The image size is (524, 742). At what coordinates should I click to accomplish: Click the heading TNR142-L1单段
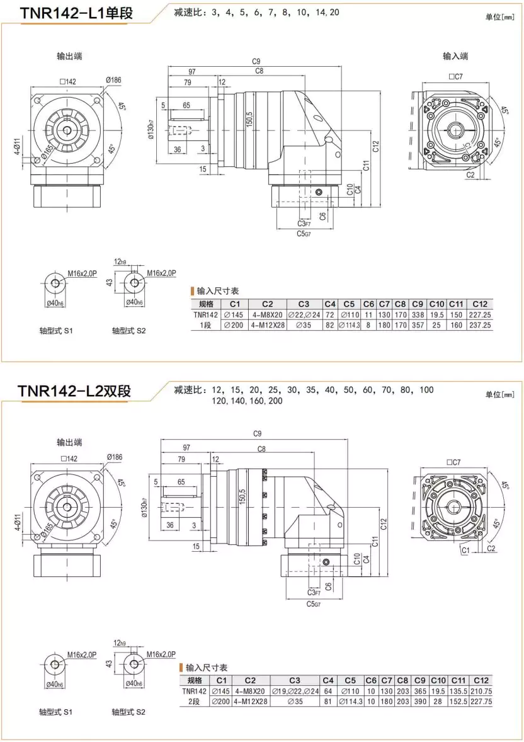click(76, 13)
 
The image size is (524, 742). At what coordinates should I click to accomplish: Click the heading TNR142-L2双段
click(75, 391)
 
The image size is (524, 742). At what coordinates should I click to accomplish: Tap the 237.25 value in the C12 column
click(479, 325)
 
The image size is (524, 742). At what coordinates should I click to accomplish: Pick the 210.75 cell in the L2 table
click(481, 691)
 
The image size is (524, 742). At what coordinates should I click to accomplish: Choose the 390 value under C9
click(419, 701)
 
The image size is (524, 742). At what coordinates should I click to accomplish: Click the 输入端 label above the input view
click(455, 57)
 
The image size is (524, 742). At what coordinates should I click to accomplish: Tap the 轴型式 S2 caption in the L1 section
click(129, 330)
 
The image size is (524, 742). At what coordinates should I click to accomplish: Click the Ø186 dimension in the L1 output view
click(114, 81)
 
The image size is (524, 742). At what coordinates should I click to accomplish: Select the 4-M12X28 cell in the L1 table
click(268, 325)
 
